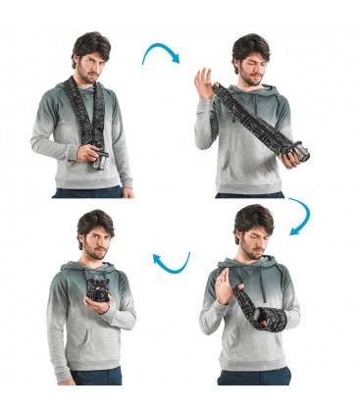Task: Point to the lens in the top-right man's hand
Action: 298,153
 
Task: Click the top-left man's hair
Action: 91,42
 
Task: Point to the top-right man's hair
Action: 250,44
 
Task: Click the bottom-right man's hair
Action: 252,216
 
